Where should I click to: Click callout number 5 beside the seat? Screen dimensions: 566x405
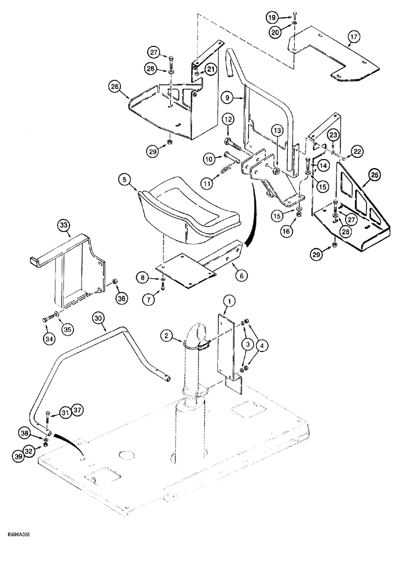point(124,181)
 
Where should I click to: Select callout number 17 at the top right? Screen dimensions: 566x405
point(353,38)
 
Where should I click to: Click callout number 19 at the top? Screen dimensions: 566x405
point(272,18)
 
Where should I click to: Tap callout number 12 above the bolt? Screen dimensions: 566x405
point(227,119)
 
